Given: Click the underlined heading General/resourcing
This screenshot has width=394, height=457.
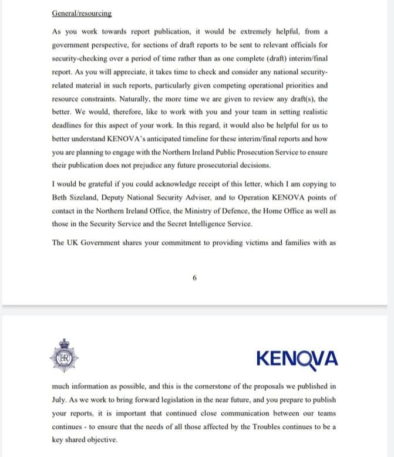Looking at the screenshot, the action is [x=82, y=13].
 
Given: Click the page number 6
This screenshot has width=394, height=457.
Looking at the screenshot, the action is [x=194, y=277].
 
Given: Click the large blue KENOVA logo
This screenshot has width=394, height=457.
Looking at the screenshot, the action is [x=297, y=357].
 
